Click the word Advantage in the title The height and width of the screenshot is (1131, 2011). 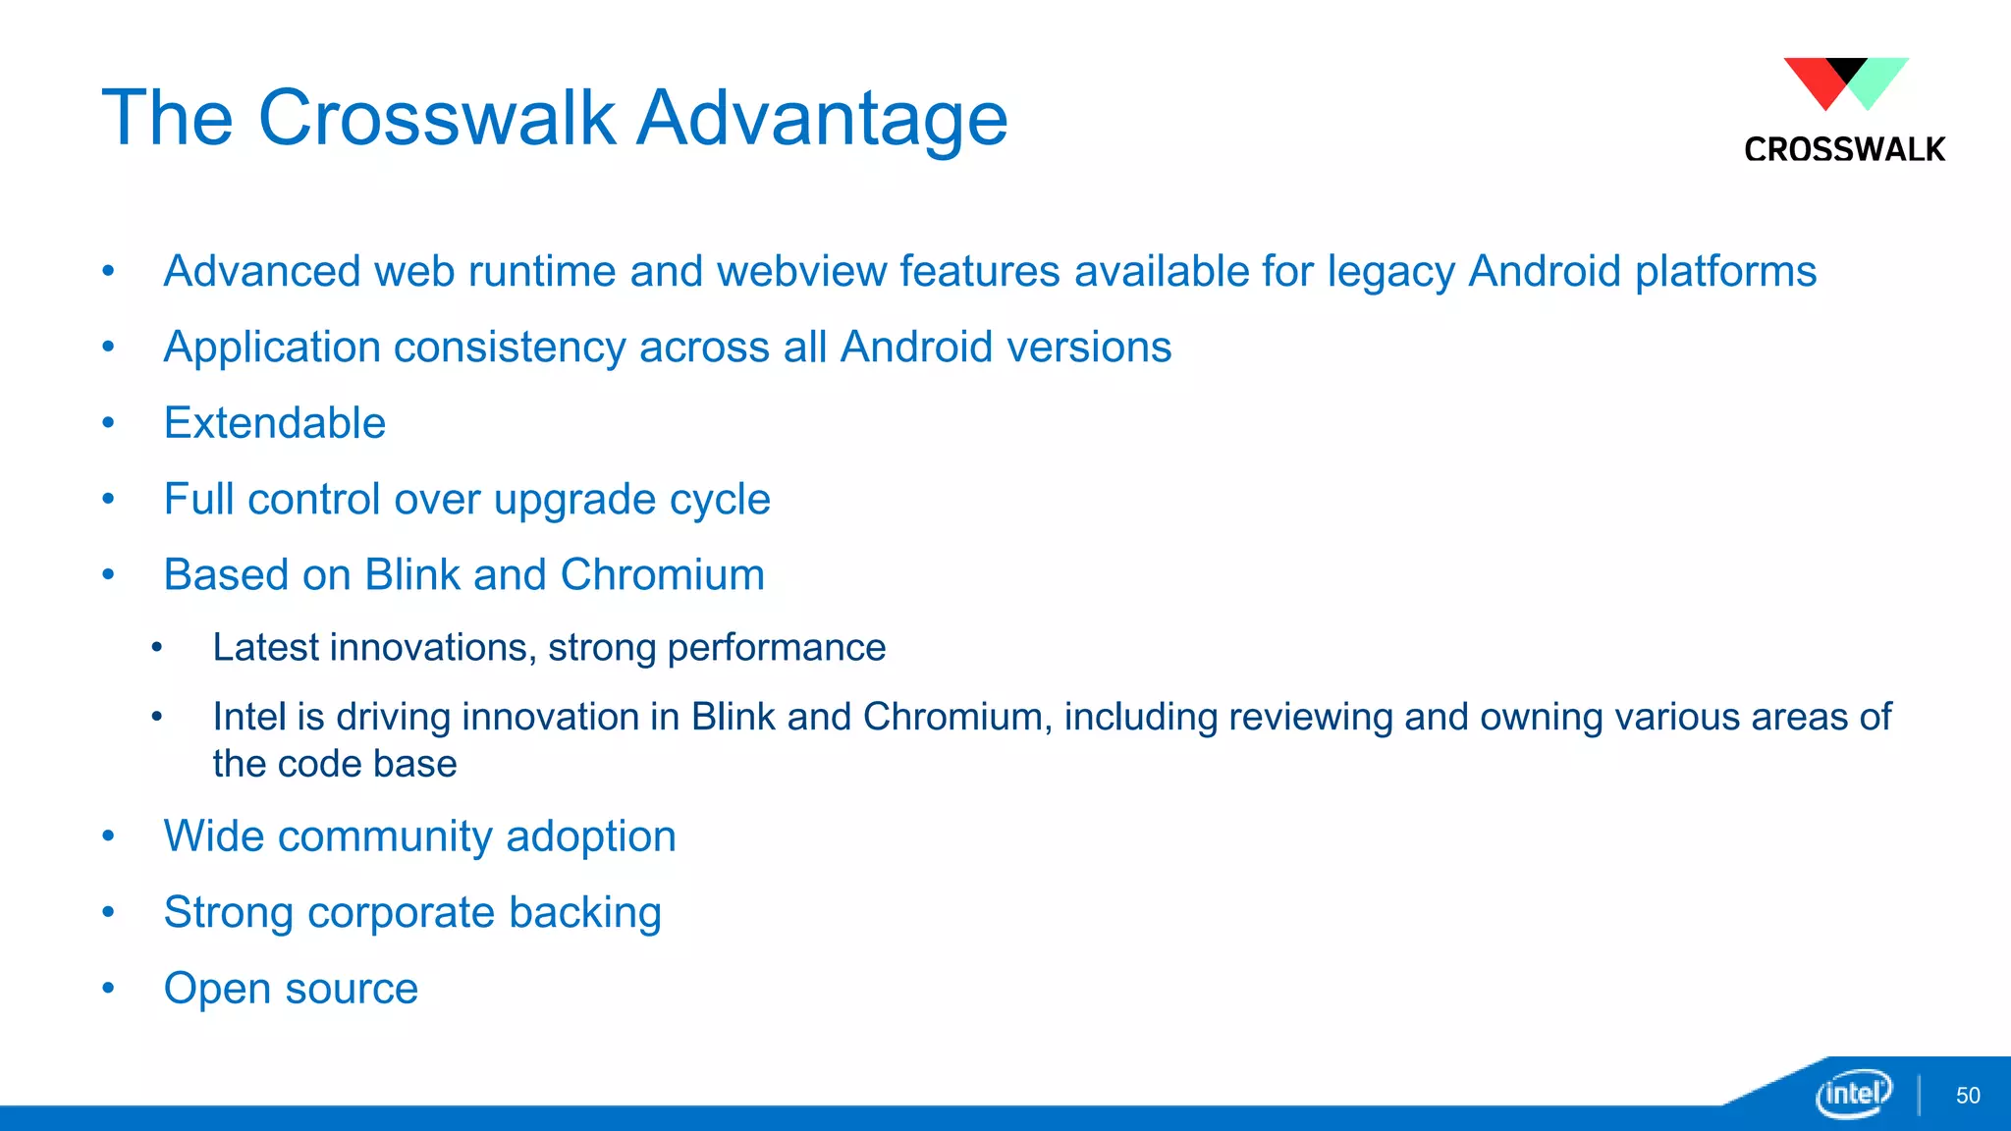822,118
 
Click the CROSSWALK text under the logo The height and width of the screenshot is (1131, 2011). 1844,149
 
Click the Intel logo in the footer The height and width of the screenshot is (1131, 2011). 1853,1093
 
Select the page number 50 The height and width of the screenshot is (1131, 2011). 1968,1096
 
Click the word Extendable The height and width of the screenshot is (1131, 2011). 274,423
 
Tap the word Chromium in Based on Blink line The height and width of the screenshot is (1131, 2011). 662,575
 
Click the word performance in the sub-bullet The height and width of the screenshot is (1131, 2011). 776,648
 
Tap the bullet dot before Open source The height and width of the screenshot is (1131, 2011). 108,988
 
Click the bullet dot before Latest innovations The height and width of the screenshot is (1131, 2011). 157,647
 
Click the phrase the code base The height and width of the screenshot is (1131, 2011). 334,764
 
